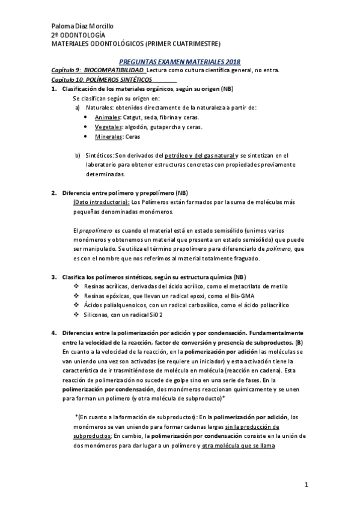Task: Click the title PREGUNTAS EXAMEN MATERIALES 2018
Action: click(x=180, y=62)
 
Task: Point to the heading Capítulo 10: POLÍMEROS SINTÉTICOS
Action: click(x=102, y=79)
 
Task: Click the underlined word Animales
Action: click(x=108, y=117)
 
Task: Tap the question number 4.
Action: click(x=53, y=333)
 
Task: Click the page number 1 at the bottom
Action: click(x=305, y=484)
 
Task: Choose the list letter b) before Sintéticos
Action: click(x=78, y=155)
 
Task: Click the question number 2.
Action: click(x=53, y=193)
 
